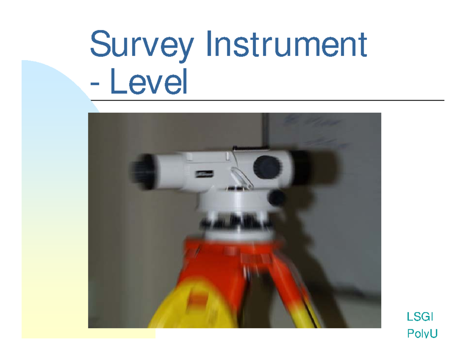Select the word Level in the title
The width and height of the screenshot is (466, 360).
click(149, 83)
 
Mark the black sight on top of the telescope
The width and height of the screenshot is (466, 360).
click(251, 148)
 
